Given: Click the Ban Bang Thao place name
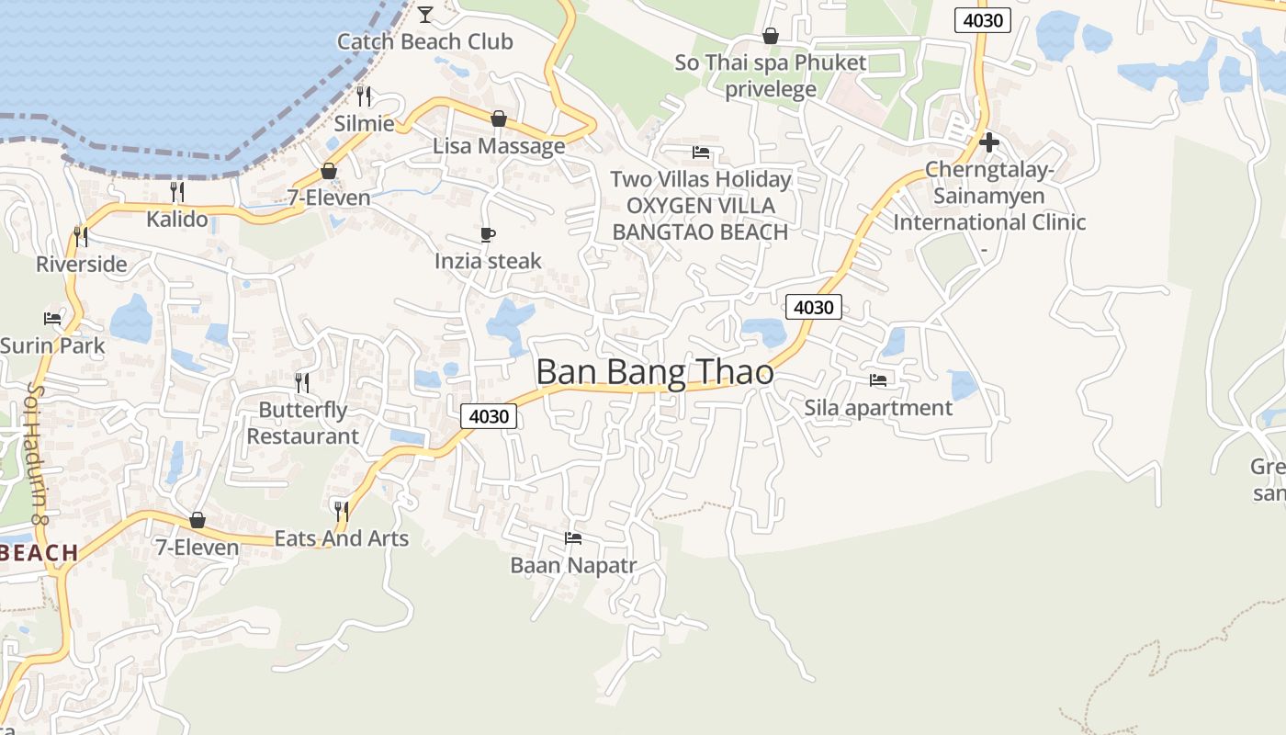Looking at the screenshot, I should (654, 373).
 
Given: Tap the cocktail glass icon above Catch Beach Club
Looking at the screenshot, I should (425, 14).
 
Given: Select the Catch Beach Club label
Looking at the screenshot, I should (424, 41).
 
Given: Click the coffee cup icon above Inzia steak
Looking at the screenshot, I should (488, 235).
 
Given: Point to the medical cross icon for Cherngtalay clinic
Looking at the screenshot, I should (989, 142).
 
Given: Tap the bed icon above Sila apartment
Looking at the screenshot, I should (878, 379).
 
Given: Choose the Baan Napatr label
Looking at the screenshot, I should (573, 565).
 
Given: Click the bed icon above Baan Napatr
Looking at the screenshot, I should (573, 537).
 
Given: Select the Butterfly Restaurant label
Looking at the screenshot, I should (302, 423).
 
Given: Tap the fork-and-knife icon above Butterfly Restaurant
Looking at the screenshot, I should (302, 382).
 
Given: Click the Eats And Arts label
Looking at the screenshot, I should (342, 538).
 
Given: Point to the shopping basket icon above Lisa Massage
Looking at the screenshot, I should (499, 119).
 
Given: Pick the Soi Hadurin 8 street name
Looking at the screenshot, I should (38, 455).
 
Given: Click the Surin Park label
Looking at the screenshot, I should (52, 346).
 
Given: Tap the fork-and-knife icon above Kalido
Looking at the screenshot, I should (177, 191).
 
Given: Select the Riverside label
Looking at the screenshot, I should (81, 265).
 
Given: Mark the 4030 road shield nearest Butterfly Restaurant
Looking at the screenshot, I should (489, 416).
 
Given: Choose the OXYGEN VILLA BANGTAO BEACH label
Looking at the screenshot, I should (700, 219).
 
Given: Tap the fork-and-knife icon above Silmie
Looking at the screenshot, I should (365, 96).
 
